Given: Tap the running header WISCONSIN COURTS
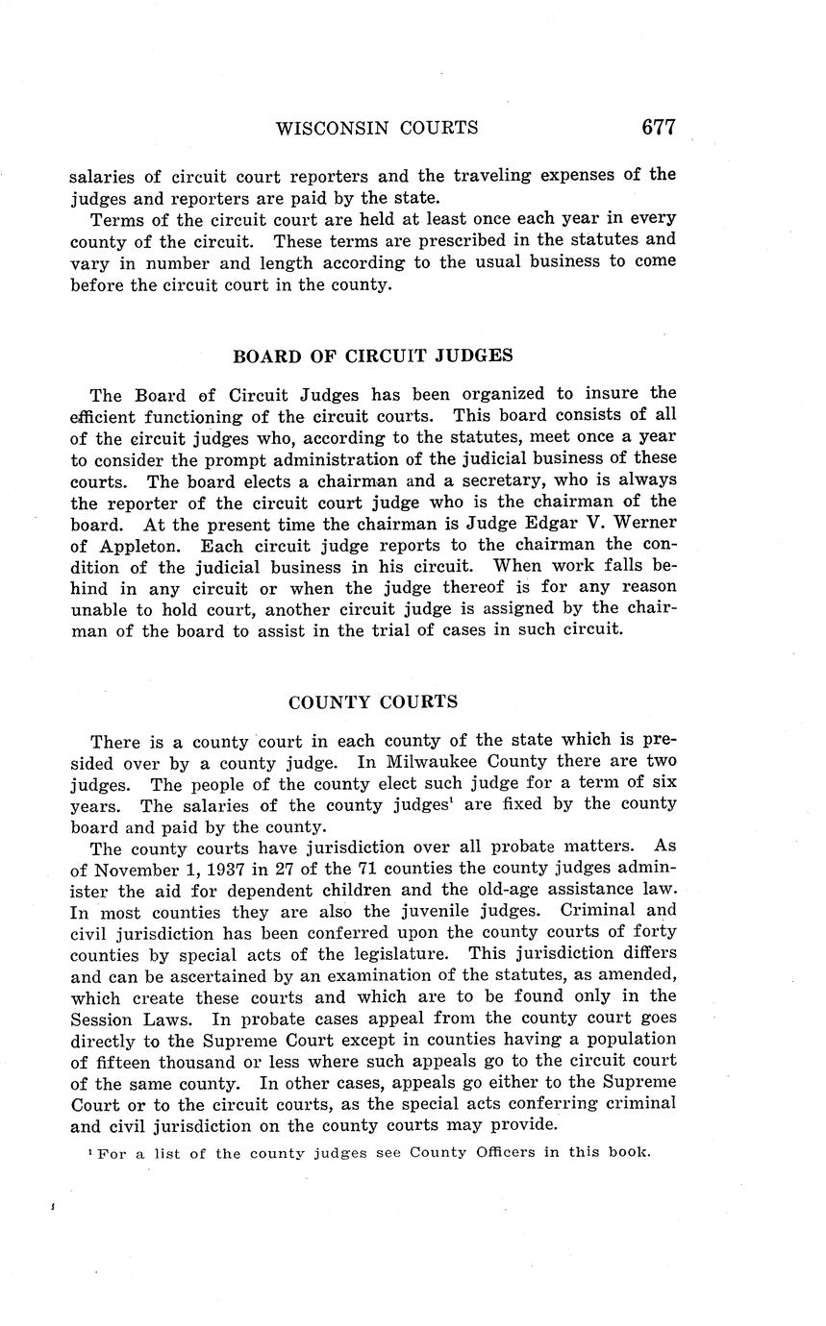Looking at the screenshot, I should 377,128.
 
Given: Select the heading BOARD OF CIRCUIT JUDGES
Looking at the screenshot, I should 373,356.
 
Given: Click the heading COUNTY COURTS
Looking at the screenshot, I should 373,702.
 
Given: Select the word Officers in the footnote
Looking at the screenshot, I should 497,1152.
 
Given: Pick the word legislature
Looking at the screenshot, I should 413,953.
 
